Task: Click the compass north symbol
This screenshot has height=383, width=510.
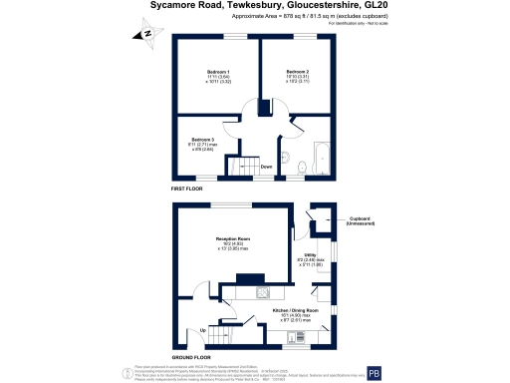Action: tap(143, 34)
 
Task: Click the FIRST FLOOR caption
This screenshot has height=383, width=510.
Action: tap(190, 188)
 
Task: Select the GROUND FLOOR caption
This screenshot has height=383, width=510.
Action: tap(189, 356)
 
